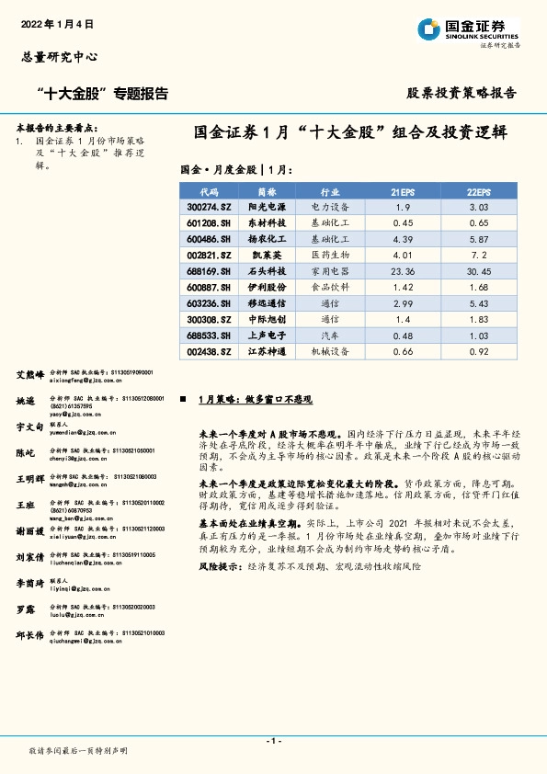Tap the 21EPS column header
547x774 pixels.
coord(402,191)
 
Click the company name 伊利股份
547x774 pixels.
coord(268,288)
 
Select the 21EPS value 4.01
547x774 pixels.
coord(402,256)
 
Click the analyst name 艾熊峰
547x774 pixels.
coord(30,374)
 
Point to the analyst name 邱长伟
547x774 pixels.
coord(30,635)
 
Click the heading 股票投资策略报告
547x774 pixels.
coord(461,93)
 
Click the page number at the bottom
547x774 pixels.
coord(273,741)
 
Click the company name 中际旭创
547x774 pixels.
coord(268,320)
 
